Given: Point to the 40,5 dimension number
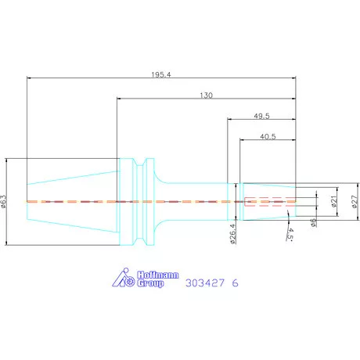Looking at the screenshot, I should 267,135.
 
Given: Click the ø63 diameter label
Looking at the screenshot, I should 5,202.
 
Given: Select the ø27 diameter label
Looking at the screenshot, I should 353,202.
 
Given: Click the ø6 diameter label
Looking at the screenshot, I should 314,222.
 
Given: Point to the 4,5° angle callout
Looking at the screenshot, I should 290,234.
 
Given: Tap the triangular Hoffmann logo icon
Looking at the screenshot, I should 125,278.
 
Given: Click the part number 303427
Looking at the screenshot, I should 203,283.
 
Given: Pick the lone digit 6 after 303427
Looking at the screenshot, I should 235,283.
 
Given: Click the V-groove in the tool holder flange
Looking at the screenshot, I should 140,201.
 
